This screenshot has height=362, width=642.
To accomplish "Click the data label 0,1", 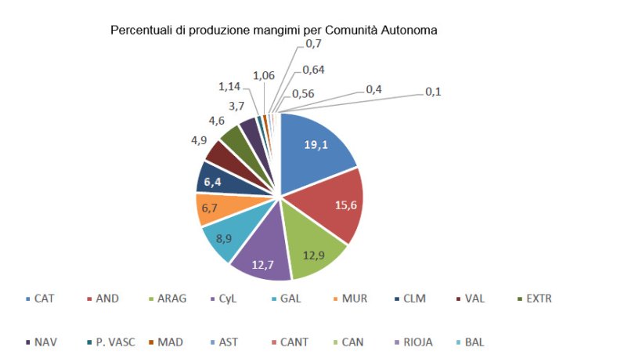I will click(433, 92).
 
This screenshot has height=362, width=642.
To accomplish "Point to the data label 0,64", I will click(313, 70).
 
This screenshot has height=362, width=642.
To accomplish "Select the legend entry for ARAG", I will click(168, 299).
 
